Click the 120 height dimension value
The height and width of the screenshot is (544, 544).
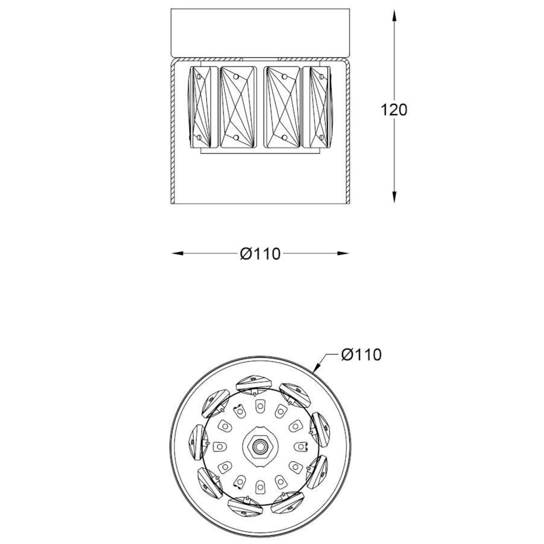394,110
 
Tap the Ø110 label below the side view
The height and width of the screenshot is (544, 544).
260,254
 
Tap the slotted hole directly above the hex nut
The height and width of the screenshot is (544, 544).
260,405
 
